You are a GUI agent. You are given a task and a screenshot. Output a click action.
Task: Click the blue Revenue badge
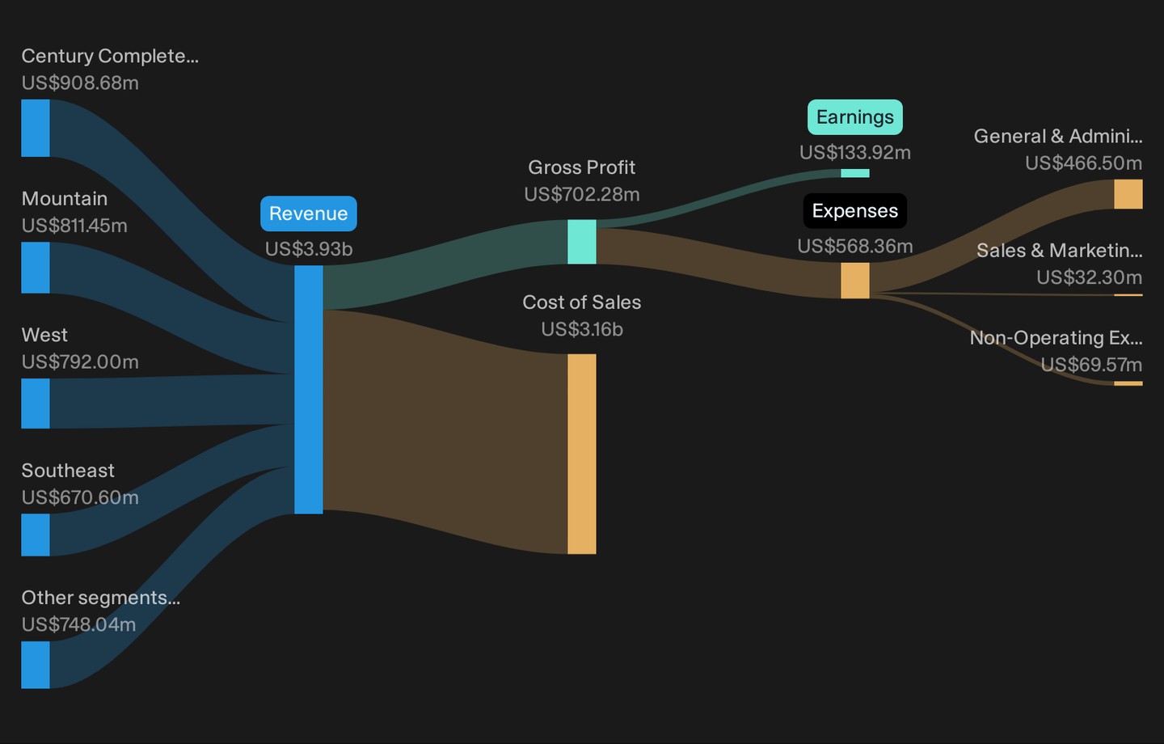click(309, 213)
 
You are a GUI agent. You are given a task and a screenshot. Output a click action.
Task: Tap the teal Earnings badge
click(855, 117)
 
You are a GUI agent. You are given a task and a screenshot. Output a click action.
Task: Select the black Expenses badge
click(855, 211)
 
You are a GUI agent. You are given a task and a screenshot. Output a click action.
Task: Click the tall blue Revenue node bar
click(309, 390)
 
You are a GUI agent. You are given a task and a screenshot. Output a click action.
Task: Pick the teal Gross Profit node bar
click(581, 242)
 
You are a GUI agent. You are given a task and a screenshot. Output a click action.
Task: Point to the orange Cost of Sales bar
click(581, 454)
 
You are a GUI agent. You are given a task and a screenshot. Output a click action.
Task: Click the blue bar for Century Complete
click(36, 128)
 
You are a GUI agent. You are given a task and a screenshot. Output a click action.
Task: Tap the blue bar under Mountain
click(36, 268)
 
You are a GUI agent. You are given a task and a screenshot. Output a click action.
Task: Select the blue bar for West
click(36, 404)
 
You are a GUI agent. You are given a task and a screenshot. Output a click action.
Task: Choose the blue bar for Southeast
click(36, 535)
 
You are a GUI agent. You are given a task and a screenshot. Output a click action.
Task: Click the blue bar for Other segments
click(36, 665)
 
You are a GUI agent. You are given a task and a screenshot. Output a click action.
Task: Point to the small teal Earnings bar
click(855, 173)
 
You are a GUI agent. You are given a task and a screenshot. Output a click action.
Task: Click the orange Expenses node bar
click(855, 281)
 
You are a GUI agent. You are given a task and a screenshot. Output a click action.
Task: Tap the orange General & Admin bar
click(1128, 194)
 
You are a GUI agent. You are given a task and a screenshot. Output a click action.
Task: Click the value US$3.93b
click(309, 249)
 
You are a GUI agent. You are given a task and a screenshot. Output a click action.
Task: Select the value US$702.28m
click(581, 194)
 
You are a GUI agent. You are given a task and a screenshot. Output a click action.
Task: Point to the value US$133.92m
click(855, 152)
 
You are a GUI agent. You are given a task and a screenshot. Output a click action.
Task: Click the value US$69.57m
click(1091, 365)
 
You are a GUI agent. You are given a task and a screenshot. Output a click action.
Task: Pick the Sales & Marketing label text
click(1059, 251)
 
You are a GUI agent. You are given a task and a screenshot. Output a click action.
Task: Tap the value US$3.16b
click(581, 329)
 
